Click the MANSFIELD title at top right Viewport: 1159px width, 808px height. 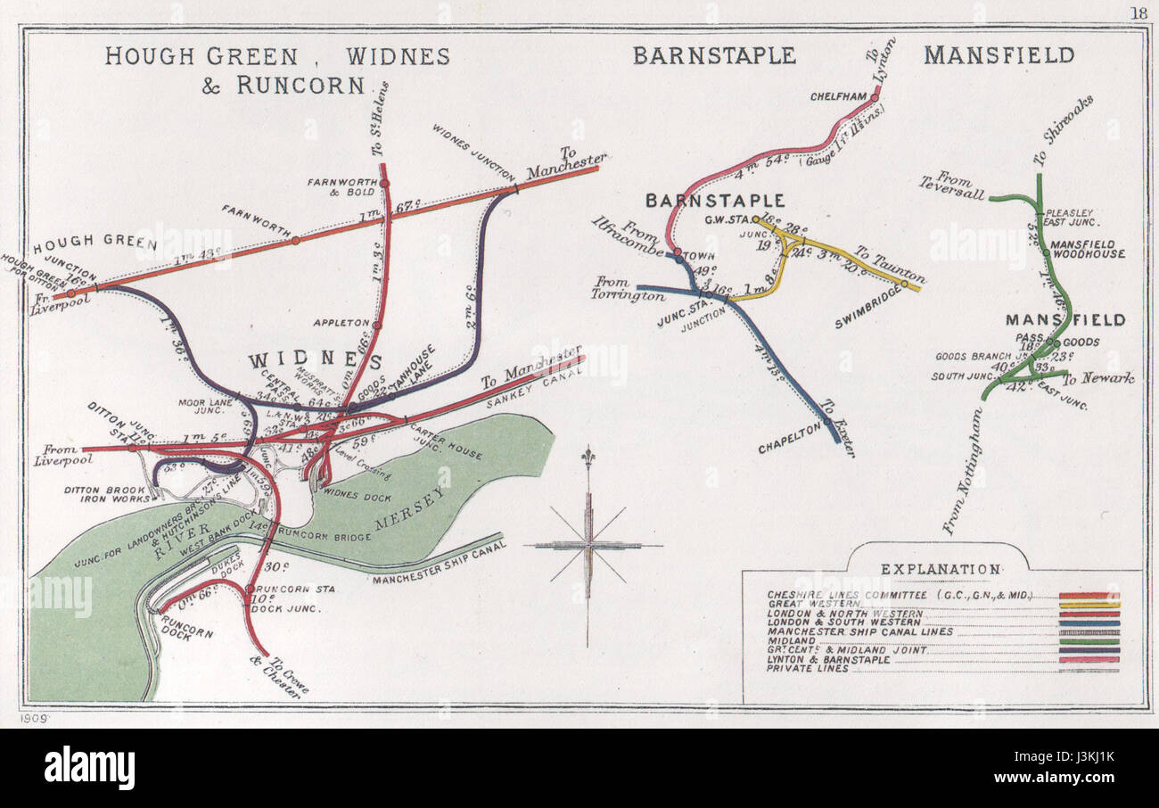[x=999, y=55]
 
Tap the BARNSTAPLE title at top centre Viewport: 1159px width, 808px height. [x=713, y=55]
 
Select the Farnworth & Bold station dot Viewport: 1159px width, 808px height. [x=384, y=184]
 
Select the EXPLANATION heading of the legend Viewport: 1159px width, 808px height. [x=941, y=569]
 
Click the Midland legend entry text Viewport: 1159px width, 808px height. [x=792, y=640]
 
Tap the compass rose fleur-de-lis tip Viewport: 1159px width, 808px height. [x=588, y=455]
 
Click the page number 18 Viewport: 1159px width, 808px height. [x=1138, y=12]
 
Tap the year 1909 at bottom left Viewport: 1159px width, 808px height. [x=33, y=717]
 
